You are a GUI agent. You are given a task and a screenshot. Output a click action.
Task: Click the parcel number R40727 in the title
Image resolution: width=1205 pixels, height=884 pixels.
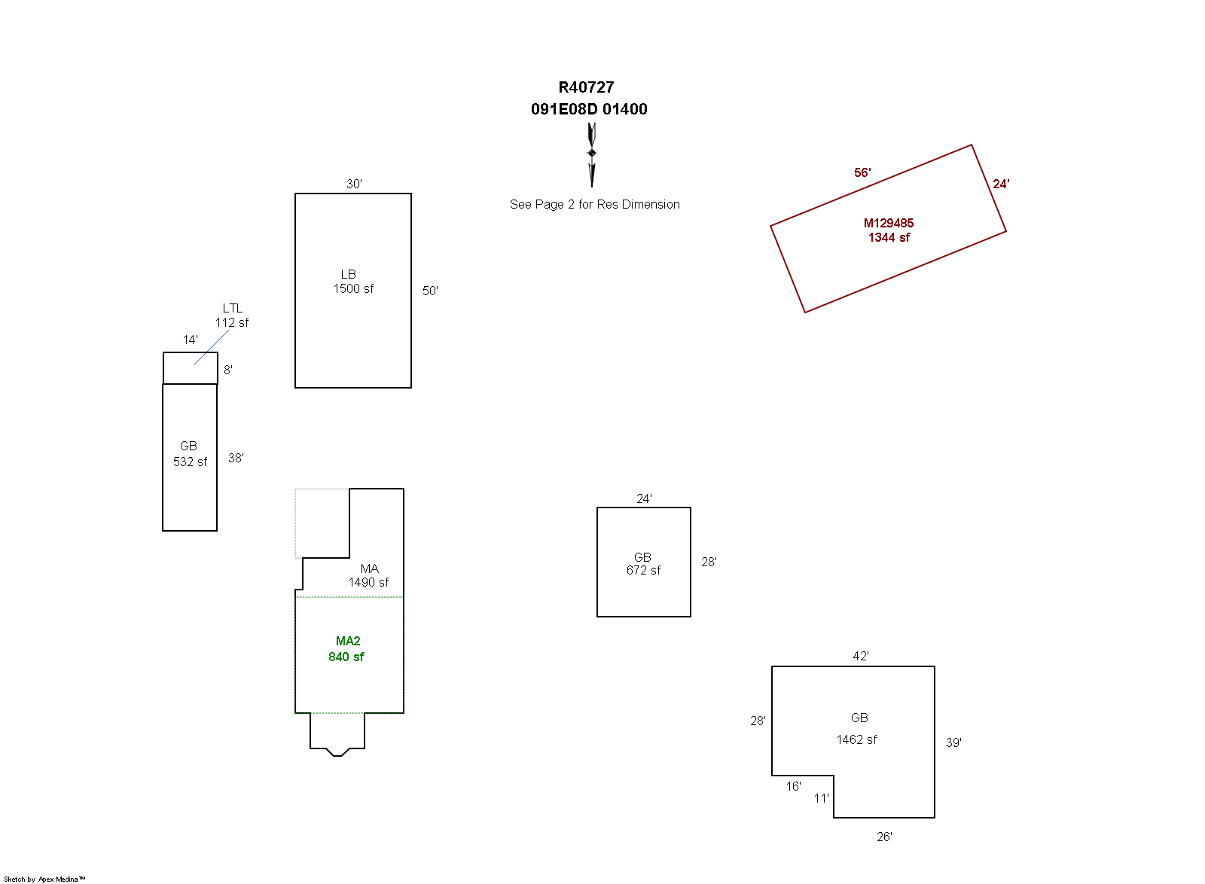[586, 87]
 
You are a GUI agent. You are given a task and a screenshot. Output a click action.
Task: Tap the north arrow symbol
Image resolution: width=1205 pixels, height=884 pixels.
[592, 154]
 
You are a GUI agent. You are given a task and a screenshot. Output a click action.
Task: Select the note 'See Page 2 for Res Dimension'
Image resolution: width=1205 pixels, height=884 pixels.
[594, 204]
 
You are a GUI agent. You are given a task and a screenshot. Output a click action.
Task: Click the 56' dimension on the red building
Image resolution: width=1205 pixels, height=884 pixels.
[862, 172]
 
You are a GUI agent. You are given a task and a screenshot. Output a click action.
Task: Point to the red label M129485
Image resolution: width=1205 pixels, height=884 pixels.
[889, 223]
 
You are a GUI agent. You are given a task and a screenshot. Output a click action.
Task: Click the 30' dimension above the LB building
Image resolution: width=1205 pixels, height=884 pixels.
[354, 184]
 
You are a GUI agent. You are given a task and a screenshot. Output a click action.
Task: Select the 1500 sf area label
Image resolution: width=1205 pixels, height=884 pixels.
[353, 288]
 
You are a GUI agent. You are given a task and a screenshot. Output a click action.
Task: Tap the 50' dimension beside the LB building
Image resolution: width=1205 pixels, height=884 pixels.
[430, 291]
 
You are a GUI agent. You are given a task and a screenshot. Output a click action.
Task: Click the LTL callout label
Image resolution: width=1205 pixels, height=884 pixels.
[233, 308]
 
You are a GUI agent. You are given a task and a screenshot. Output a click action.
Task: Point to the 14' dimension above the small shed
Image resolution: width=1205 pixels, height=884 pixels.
[191, 340]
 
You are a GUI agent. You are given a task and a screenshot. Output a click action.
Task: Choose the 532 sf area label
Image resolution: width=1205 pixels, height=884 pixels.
[190, 462]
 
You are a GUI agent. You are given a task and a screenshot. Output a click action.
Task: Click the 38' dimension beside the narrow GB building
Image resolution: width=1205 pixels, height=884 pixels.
[236, 458]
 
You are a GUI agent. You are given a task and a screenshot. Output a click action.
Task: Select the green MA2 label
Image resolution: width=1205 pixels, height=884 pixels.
[348, 641]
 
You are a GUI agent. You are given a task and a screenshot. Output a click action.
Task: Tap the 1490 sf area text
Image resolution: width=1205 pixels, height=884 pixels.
[368, 582]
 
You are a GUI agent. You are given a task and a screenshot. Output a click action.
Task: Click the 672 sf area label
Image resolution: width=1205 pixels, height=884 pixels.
[643, 570]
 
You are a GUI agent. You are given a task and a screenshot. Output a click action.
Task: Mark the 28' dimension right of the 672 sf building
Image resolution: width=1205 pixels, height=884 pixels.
[709, 562]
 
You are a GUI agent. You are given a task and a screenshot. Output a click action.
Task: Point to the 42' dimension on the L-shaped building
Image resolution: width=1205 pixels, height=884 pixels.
[861, 656]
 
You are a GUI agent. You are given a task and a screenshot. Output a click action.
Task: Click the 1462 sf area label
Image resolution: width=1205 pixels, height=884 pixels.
[856, 739]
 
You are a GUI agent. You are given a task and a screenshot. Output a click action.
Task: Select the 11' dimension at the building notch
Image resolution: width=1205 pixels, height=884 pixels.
[821, 798]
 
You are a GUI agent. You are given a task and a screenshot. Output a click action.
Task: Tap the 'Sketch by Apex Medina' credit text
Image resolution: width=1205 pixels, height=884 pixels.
[44, 879]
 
